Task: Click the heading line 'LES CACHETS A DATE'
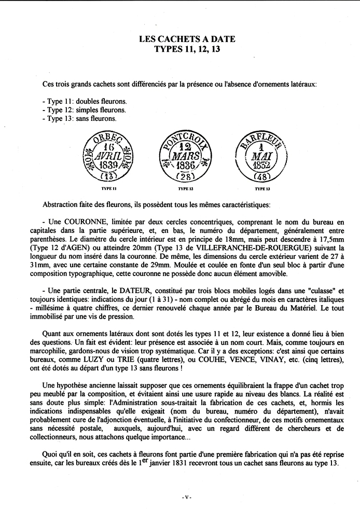[180, 39]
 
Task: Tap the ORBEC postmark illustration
[109, 155]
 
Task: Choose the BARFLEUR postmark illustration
[258, 154]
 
